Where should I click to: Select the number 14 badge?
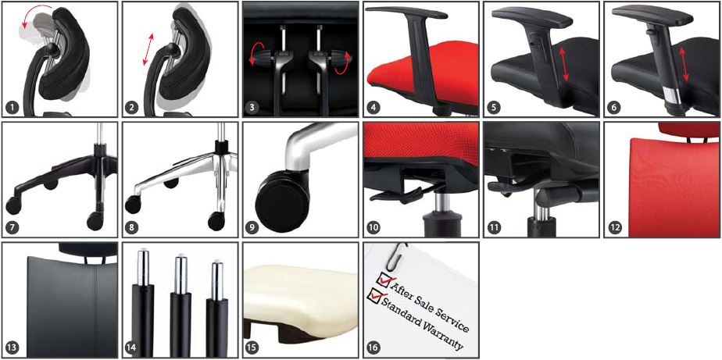click(x=133, y=348)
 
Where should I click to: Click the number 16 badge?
click(x=374, y=348)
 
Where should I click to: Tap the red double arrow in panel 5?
click(x=566, y=64)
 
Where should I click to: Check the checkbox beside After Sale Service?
click(x=383, y=278)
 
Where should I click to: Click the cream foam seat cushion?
click(x=300, y=294)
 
